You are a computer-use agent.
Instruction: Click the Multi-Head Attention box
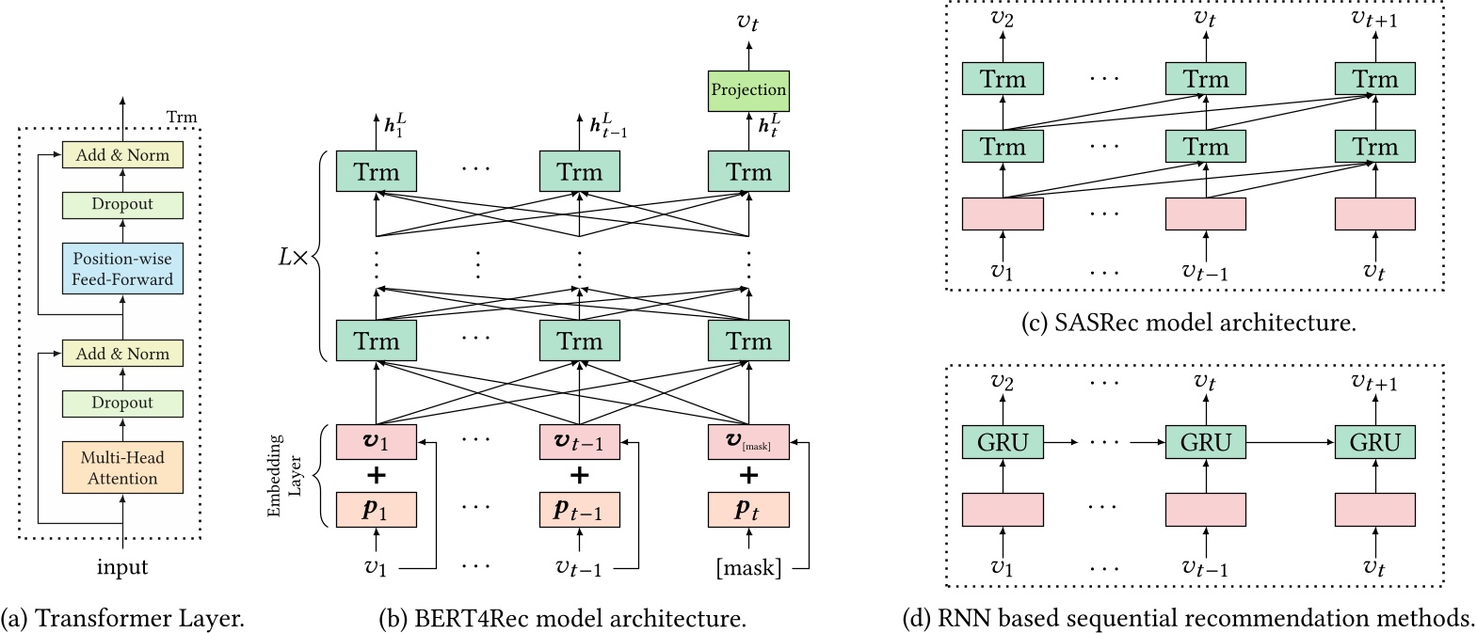(x=122, y=467)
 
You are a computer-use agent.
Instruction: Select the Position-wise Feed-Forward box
(x=122, y=269)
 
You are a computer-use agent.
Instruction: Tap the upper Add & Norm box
(x=122, y=155)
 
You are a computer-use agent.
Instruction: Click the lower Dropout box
(x=122, y=403)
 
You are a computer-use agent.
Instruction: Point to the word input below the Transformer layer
(x=122, y=567)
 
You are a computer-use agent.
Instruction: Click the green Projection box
(x=748, y=90)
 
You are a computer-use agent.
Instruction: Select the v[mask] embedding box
(x=748, y=442)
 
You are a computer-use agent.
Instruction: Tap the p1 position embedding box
(x=376, y=510)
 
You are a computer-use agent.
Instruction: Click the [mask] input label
(x=748, y=567)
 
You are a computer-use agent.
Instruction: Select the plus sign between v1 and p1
(x=376, y=476)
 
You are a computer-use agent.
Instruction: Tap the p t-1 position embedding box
(x=579, y=510)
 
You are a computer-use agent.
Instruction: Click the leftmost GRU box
(x=1003, y=442)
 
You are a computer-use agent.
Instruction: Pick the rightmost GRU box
(x=1374, y=442)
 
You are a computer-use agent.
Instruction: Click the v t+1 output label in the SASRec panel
(x=1374, y=19)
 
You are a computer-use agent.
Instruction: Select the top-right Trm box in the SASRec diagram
(x=1374, y=80)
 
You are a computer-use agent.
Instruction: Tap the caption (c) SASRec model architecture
(x=1189, y=324)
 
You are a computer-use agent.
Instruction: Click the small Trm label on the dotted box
(x=182, y=118)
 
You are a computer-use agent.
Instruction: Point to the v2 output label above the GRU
(x=1003, y=382)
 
